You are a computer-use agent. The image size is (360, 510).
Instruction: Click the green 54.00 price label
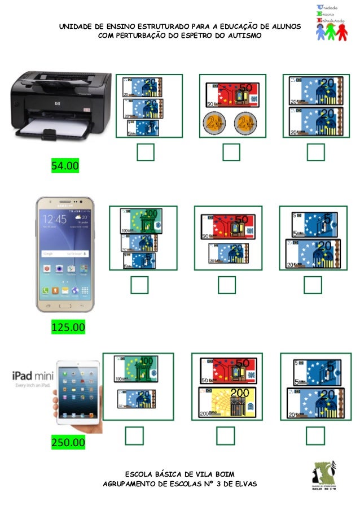(x=65, y=166)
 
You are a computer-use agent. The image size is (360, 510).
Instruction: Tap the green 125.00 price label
(x=68, y=327)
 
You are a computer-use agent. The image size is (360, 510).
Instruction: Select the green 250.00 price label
(x=68, y=442)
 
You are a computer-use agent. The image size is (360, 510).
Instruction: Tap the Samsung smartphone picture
(x=65, y=254)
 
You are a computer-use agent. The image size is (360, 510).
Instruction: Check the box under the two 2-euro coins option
(x=231, y=152)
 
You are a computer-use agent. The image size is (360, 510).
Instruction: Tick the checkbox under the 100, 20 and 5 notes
(x=139, y=285)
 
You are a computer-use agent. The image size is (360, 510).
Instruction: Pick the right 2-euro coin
(x=245, y=123)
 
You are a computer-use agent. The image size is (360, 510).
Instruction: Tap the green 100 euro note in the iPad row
(x=136, y=369)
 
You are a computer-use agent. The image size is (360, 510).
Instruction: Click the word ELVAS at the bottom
(x=245, y=484)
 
